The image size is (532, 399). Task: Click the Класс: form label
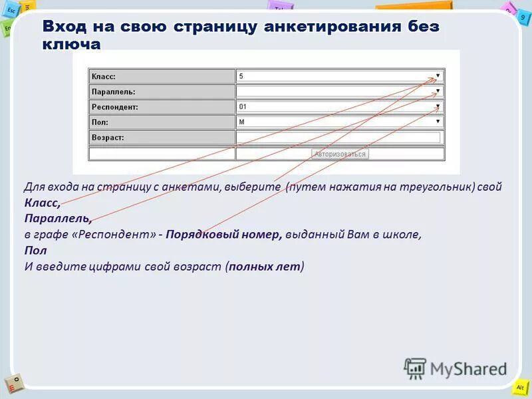[x=104, y=76]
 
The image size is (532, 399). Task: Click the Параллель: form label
[x=113, y=92]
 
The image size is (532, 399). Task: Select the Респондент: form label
[x=115, y=107]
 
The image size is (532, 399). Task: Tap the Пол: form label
[x=100, y=122]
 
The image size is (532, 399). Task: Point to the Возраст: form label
[x=108, y=138]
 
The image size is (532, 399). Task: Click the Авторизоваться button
[x=340, y=154]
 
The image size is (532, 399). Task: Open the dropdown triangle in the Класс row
[x=438, y=76]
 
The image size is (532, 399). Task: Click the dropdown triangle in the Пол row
[x=438, y=122]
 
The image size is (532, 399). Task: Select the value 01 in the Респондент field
[x=243, y=106]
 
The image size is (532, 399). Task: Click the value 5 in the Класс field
[x=241, y=76]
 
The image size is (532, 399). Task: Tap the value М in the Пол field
[x=241, y=122]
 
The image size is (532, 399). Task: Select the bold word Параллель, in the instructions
[x=58, y=218]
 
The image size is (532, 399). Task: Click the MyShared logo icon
[x=415, y=368]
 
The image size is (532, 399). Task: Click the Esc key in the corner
[x=11, y=11]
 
